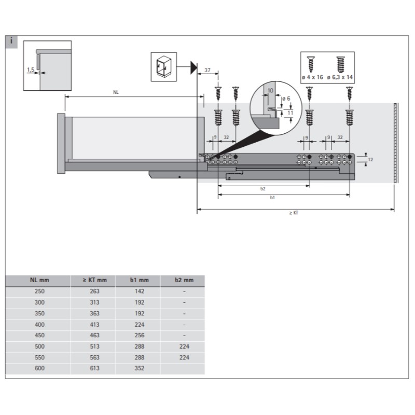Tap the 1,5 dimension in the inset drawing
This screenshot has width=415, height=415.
pyautogui.click(x=31, y=68)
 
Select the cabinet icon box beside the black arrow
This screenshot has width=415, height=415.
pyautogui.click(x=163, y=66)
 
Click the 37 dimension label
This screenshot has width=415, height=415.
pyautogui.click(x=207, y=70)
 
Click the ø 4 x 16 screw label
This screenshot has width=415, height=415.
pyautogui.click(x=312, y=77)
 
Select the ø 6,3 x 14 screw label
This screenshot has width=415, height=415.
pyautogui.click(x=340, y=77)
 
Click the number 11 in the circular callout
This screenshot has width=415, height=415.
pyautogui.click(x=290, y=112)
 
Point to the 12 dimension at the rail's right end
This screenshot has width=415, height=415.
pyautogui.click(x=370, y=159)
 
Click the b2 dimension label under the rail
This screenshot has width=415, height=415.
pyautogui.click(x=263, y=189)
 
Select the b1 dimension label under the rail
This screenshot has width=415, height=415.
pyautogui.click(x=273, y=198)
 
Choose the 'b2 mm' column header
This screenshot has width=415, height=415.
pyautogui.click(x=184, y=280)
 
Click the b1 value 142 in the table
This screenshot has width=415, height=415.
pyautogui.click(x=139, y=291)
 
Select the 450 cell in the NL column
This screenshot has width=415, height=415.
pyautogui.click(x=39, y=335)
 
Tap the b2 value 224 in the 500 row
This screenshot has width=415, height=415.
pyautogui.click(x=184, y=347)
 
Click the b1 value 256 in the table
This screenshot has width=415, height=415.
pyautogui.click(x=139, y=335)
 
